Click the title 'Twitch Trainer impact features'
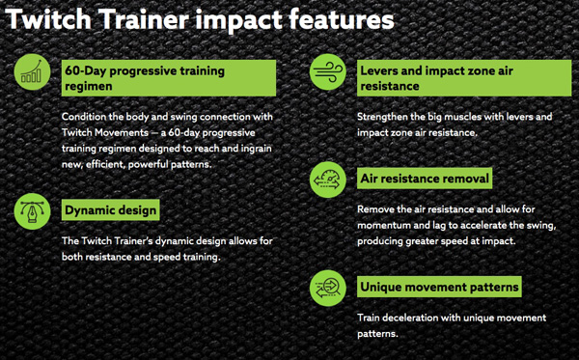tap(201, 19)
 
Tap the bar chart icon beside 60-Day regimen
tap(32, 72)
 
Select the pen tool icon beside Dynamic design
tap(32, 210)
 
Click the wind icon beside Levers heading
tap(327, 72)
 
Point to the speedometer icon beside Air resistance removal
tap(327, 179)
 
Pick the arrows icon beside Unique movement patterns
tap(327, 287)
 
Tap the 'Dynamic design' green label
tap(110, 209)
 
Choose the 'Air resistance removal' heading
tap(425, 179)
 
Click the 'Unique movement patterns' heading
tap(439, 287)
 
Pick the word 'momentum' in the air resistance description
tap(384, 225)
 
